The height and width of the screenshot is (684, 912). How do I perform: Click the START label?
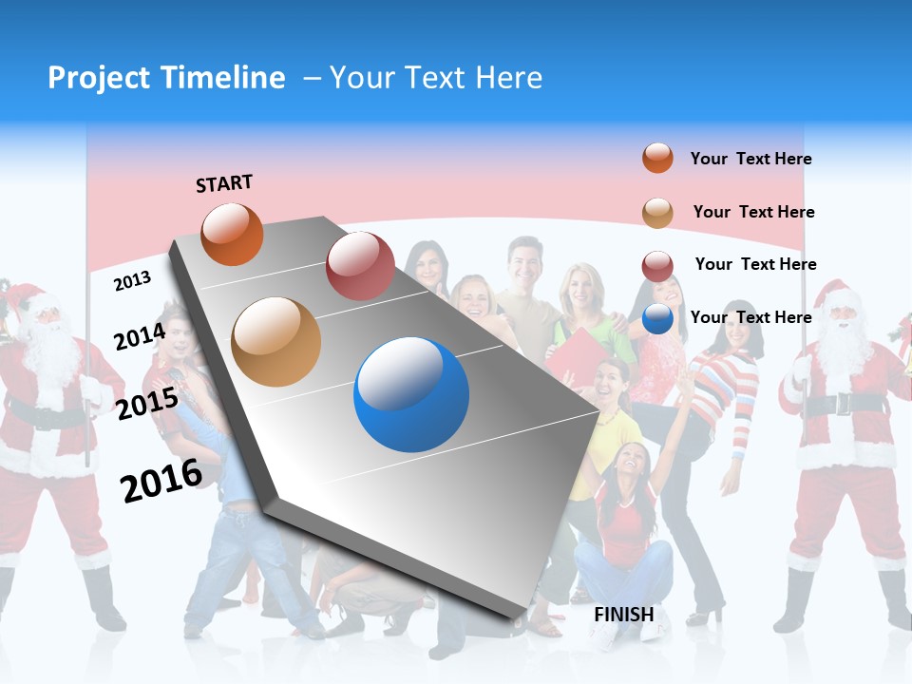pyautogui.click(x=224, y=183)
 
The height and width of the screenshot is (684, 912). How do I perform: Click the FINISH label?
pyautogui.click(x=624, y=615)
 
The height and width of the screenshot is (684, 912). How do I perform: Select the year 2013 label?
pyautogui.click(x=132, y=280)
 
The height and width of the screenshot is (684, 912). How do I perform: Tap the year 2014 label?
pyautogui.click(x=140, y=336)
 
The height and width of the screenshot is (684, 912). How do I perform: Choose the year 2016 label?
pyautogui.click(x=161, y=480)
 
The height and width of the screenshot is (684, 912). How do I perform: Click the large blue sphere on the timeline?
pyautogui.click(x=411, y=394)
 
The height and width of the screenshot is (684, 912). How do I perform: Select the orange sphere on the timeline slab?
pyautogui.click(x=233, y=234)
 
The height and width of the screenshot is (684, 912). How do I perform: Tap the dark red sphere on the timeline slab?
pyautogui.click(x=360, y=266)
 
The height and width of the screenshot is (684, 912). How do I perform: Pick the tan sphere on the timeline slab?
pyautogui.click(x=276, y=342)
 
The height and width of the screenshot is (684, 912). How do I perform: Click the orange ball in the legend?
pyautogui.click(x=657, y=159)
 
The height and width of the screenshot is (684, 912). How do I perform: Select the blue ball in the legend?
pyautogui.click(x=657, y=318)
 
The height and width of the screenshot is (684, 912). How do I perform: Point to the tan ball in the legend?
pyautogui.click(x=657, y=212)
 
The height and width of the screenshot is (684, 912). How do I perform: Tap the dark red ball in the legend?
pyautogui.click(x=657, y=265)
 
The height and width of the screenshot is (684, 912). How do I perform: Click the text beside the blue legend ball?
pyautogui.click(x=750, y=317)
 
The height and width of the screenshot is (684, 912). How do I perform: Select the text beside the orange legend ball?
pyautogui.click(x=750, y=159)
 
